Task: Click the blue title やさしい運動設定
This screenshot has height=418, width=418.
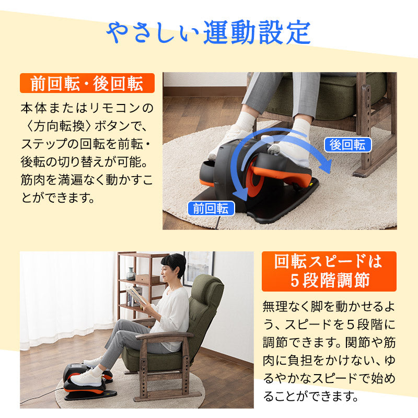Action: point(208,32)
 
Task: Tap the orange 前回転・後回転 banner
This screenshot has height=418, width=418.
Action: point(87,83)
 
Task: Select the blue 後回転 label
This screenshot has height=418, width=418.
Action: point(347,145)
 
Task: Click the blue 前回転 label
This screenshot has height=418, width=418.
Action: point(211,208)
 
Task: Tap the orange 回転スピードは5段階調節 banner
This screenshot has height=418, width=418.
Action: point(329,271)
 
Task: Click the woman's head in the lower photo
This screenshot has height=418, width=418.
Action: point(173,266)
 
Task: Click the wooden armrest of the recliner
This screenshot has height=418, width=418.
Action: point(165,336)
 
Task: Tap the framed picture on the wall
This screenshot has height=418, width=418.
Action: point(199,268)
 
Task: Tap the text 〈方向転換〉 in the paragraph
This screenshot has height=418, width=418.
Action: point(58,126)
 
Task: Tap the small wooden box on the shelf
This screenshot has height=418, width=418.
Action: point(147,280)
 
